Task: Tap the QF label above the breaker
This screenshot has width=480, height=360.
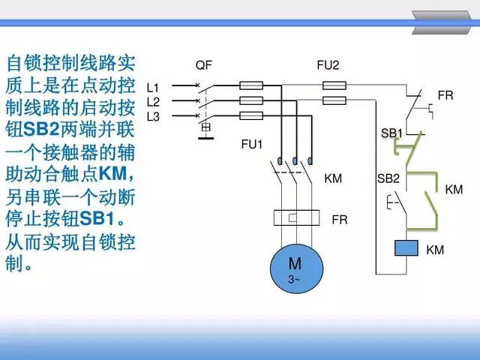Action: [x=203, y=65]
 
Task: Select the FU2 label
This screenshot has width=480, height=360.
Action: [x=328, y=65]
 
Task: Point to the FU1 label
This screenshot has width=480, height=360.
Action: [x=253, y=143]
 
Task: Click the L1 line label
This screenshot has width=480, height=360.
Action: [x=153, y=87]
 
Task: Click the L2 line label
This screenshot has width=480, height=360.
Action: [x=153, y=101]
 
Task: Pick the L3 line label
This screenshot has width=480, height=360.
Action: [x=153, y=115]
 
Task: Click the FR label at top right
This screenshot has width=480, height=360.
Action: [x=445, y=96]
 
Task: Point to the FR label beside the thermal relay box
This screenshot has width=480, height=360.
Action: [x=340, y=220]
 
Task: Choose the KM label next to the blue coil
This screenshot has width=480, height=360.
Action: [x=435, y=250]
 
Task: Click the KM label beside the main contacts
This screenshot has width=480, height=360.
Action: [x=333, y=178]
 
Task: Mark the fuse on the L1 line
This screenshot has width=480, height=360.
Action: [x=250, y=86]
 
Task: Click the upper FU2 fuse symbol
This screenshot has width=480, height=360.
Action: [x=333, y=86]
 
